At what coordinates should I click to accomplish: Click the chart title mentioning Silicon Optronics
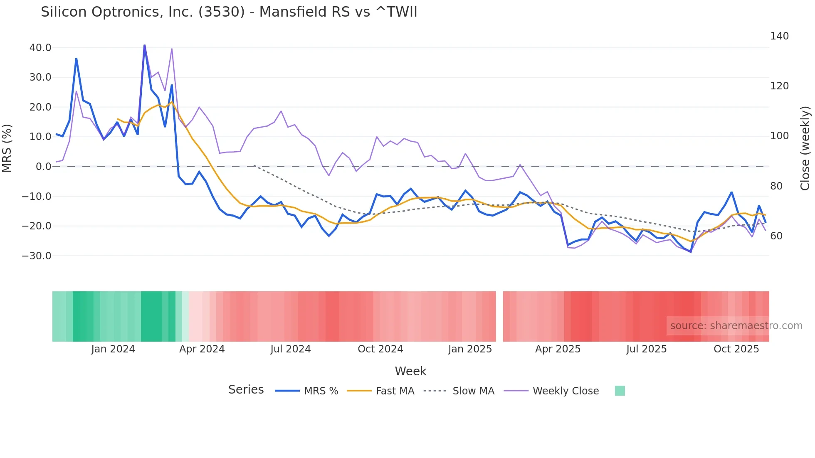tap(229, 12)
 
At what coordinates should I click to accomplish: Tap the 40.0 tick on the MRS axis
tap(40, 48)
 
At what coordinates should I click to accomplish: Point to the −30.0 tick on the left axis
tap(37, 256)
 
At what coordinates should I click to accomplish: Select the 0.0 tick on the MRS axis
tap(43, 167)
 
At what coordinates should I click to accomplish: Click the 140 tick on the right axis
tap(779, 36)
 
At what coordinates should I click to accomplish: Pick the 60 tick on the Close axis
tap(776, 236)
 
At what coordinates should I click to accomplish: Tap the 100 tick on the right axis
tap(779, 136)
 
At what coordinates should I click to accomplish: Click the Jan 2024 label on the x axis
tap(113, 349)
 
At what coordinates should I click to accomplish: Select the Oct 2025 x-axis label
tap(736, 349)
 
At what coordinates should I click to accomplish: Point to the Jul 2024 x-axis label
tap(290, 349)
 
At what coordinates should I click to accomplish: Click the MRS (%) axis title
tap(7, 148)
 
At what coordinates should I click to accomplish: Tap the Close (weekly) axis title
tap(805, 148)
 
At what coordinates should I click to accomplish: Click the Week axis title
tap(410, 371)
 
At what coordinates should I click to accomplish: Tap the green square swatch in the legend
tap(620, 391)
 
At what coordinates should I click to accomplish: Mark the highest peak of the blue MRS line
tap(144, 45)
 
